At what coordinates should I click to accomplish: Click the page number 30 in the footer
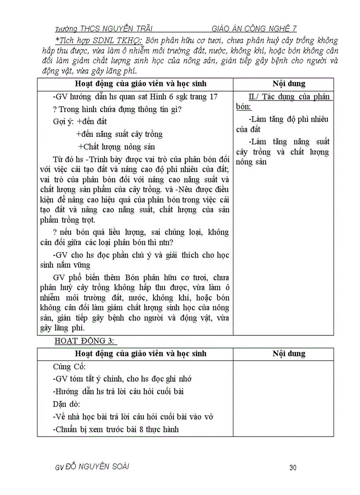tap(292, 468)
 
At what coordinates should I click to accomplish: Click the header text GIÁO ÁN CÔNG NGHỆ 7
tap(254, 29)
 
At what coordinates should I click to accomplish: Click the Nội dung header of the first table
tap(289, 84)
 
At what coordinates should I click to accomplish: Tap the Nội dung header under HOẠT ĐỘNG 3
tap(289, 354)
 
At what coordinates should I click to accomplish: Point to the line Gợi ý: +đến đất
tap(80, 122)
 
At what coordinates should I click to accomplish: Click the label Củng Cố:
tap(69, 367)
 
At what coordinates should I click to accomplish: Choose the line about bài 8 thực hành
tap(116, 429)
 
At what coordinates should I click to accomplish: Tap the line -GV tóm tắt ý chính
tap(122, 379)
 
